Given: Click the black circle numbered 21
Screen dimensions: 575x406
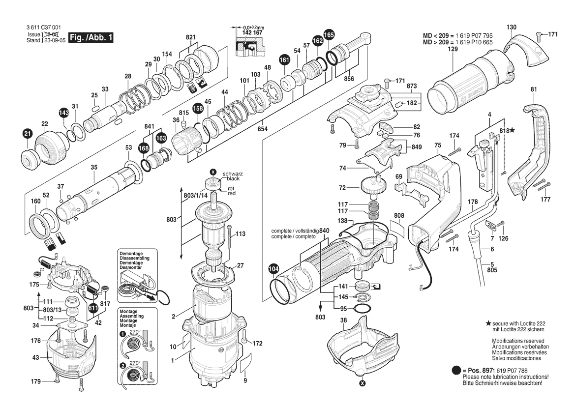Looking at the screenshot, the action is (x=28, y=134).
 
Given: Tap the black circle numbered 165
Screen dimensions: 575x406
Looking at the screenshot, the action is (x=329, y=35).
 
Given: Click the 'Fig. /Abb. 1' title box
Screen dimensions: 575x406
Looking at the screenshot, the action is (x=91, y=37).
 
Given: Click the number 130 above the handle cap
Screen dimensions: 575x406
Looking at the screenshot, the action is (x=511, y=27).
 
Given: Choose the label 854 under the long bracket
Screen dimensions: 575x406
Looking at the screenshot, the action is (x=263, y=129).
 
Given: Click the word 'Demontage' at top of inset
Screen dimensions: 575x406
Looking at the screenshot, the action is (x=131, y=253).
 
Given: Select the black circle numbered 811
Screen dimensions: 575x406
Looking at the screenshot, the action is (x=93, y=308).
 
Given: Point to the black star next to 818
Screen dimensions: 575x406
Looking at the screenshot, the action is (x=513, y=130).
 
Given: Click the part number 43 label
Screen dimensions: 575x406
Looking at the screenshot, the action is (x=35, y=357).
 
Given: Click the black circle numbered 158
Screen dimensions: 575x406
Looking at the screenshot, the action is (x=198, y=109).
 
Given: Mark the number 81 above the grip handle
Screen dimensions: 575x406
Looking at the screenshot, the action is (x=534, y=89).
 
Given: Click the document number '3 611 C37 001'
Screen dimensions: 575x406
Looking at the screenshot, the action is (x=44, y=28).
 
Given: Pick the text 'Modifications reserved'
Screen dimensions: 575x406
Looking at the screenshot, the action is (x=518, y=341).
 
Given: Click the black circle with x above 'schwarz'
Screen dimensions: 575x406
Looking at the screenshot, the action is (x=212, y=172).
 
